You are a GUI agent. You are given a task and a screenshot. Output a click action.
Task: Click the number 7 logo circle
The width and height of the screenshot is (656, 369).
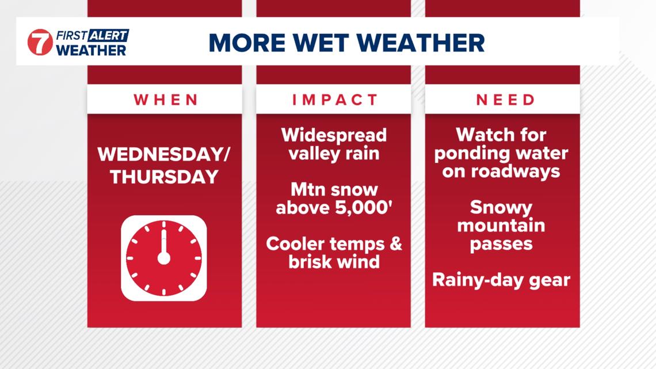[x=40, y=42]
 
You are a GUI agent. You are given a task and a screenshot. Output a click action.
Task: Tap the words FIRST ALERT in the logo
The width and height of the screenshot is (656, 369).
[x=92, y=36]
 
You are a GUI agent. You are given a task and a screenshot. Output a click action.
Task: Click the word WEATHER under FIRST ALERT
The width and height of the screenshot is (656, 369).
[x=91, y=50]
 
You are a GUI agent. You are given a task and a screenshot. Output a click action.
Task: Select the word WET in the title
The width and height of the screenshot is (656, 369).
[x=334, y=43]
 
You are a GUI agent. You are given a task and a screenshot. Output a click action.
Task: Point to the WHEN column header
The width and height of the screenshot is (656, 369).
[x=166, y=100]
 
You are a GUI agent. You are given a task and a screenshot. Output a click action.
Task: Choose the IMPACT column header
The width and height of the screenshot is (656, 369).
[x=335, y=100]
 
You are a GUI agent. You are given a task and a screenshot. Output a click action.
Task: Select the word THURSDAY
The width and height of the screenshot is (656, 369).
[x=164, y=177]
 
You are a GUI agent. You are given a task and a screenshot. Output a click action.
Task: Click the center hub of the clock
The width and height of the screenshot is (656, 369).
[x=164, y=258]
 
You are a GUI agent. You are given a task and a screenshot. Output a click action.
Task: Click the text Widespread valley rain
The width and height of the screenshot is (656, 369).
[x=334, y=144]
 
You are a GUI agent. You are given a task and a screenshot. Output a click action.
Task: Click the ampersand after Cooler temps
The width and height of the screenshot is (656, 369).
[x=395, y=244]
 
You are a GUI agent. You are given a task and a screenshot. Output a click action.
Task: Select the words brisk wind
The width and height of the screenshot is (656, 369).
[x=334, y=262]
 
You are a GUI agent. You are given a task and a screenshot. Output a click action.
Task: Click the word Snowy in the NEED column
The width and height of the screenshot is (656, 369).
[x=501, y=207]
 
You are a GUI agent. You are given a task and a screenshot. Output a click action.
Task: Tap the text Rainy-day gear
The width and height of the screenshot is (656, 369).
[x=501, y=280]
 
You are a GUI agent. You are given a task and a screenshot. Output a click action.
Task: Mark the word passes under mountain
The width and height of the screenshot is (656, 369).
[x=501, y=244]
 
